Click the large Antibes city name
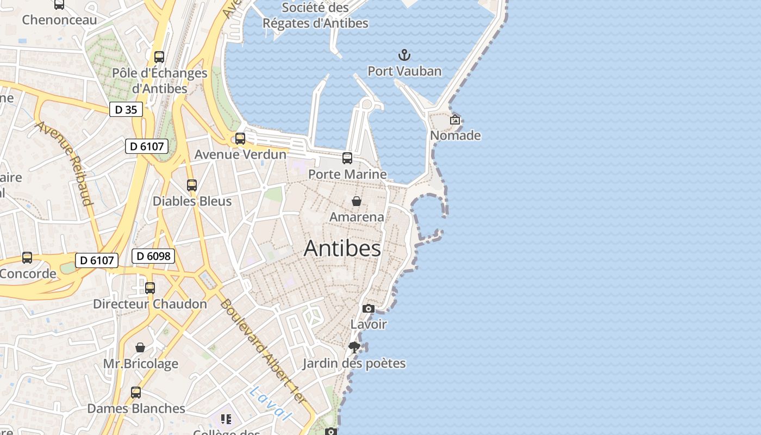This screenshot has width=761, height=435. click(x=342, y=248)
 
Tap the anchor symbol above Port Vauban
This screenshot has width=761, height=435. click(x=404, y=55)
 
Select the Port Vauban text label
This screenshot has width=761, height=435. click(x=404, y=71)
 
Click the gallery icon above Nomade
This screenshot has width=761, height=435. click(x=455, y=120)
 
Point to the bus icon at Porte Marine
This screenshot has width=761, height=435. click(x=347, y=158)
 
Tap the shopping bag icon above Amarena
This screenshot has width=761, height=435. click(x=357, y=201)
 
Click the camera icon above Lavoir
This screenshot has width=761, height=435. click(x=369, y=308)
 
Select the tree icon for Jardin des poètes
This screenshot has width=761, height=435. click(x=354, y=347)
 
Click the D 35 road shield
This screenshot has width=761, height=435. click(x=126, y=109)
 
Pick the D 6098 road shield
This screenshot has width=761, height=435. click(x=153, y=256)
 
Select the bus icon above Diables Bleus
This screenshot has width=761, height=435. click(x=192, y=185)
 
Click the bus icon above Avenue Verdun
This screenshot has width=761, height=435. click(x=240, y=139)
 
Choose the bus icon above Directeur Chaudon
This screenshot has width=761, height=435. click(x=150, y=288)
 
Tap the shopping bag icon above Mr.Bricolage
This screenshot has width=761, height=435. click(x=140, y=347)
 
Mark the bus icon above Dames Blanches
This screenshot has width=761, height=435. click(x=136, y=392)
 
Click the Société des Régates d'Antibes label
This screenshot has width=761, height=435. click(x=315, y=15)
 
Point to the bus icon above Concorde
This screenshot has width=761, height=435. click(x=27, y=258)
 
